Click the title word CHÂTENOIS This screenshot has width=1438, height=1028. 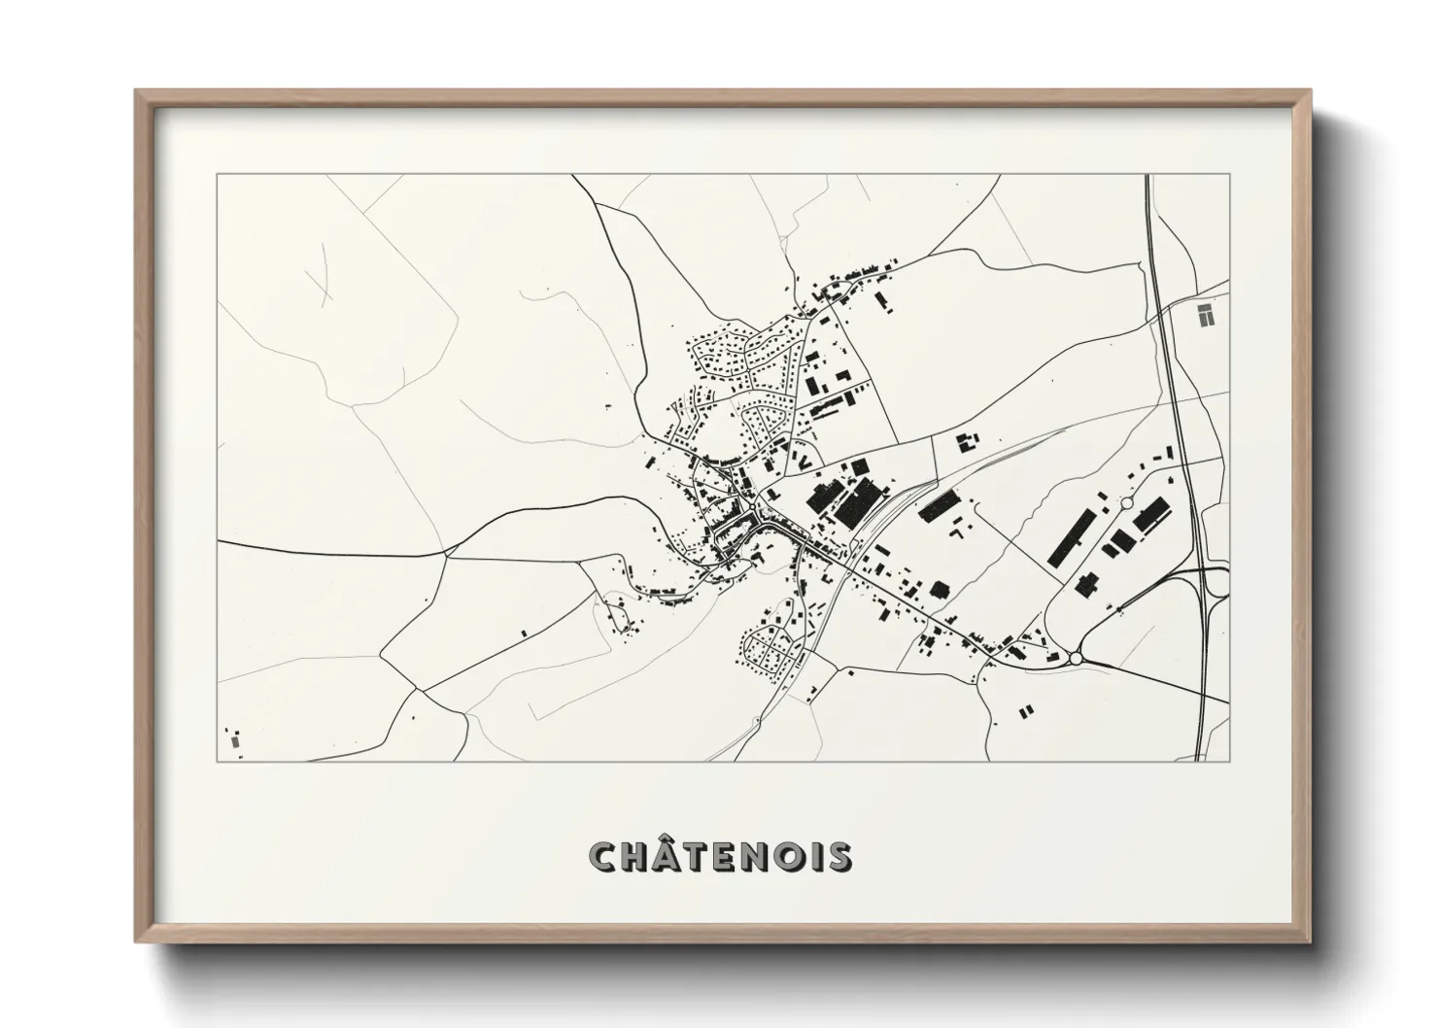click(x=720, y=857)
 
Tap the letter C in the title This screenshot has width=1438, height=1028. click(x=602, y=857)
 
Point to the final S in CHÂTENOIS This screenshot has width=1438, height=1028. click(x=840, y=857)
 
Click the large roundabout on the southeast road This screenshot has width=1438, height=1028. click(x=1076, y=659)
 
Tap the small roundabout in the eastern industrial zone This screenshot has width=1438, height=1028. click(x=1126, y=503)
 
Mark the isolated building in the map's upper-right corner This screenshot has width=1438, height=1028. click(x=1205, y=314)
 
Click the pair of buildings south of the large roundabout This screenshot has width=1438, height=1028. click(x=1026, y=711)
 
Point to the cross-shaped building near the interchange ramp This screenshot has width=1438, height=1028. click(x=1086, y=585)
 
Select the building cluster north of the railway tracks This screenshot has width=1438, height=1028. click(x=967, y=442)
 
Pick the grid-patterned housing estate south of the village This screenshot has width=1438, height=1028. click(x=772, y=651)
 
